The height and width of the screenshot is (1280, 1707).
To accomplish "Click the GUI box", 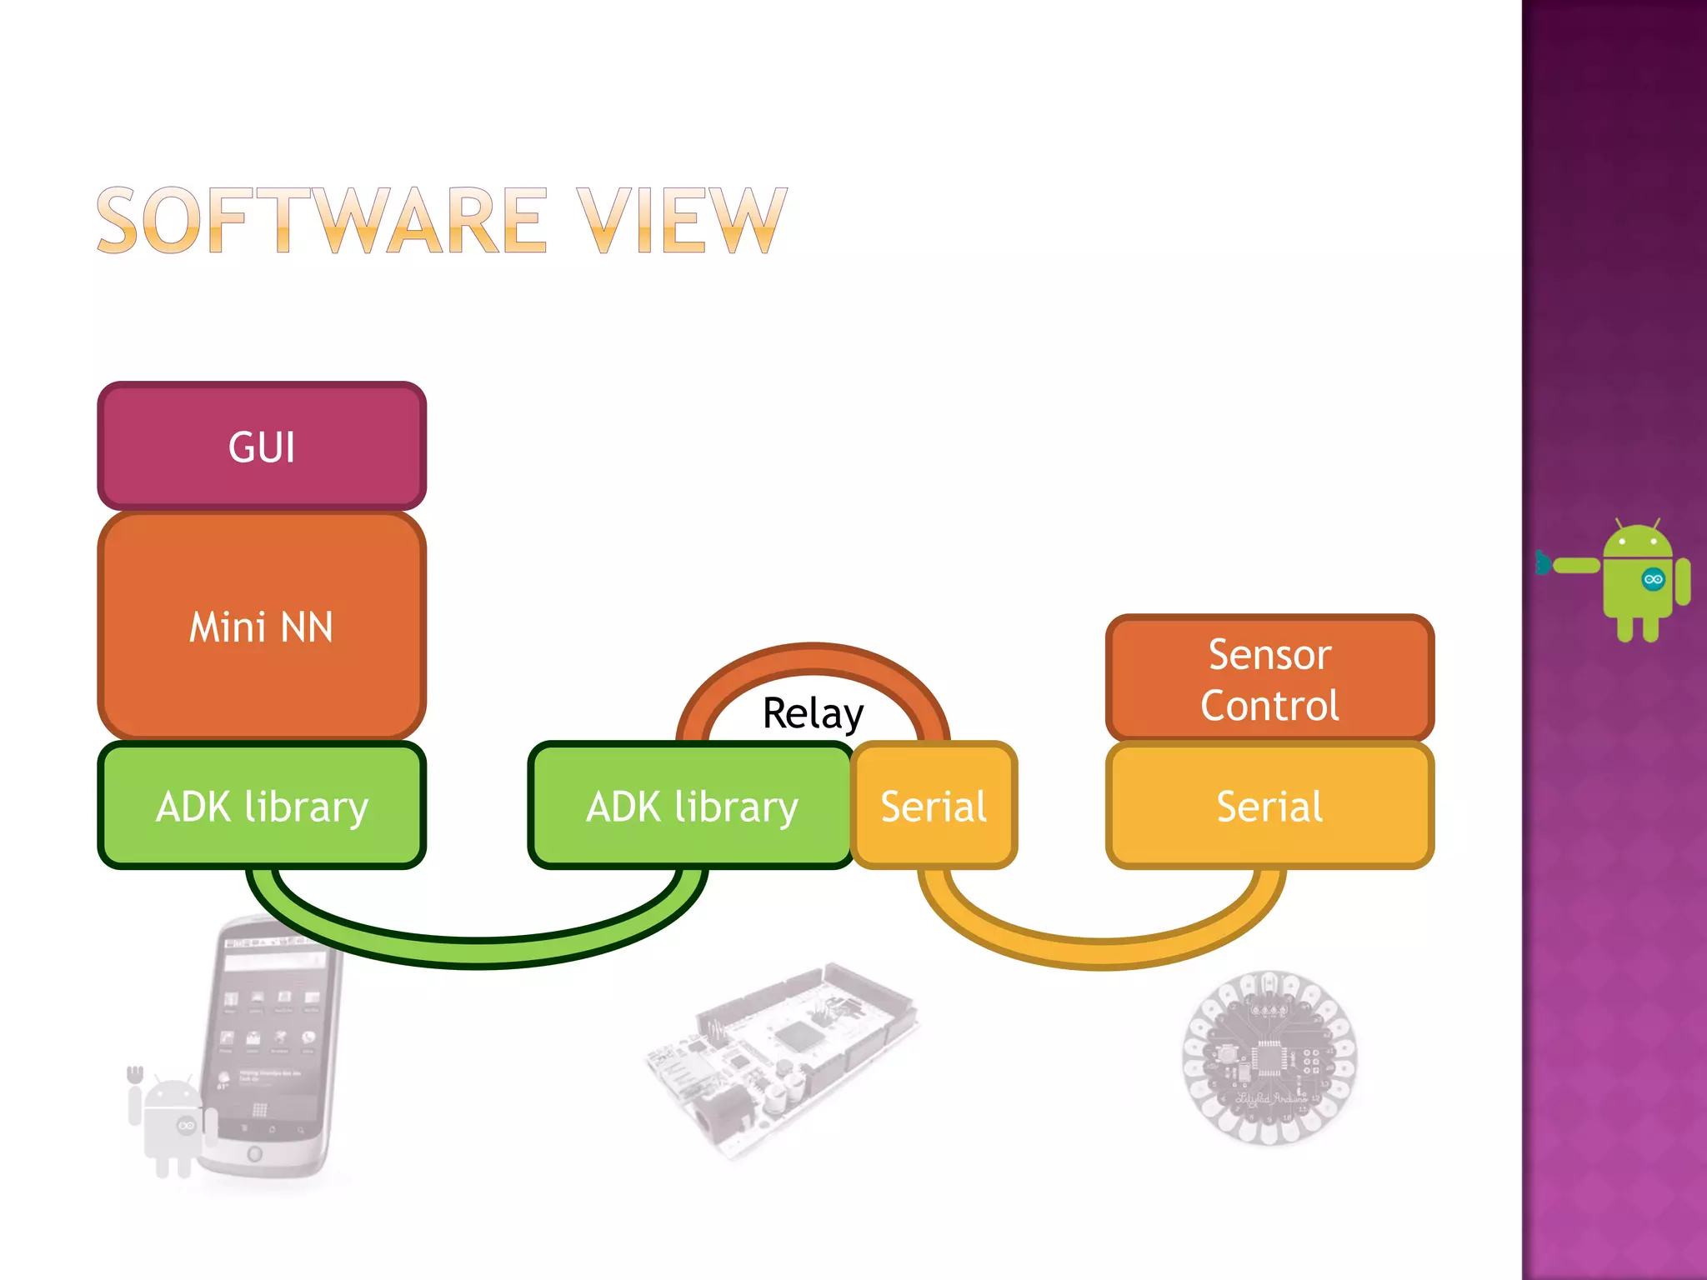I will (x=262, y=447).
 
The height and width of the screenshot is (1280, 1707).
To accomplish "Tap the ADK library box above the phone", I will (x=262, y=806).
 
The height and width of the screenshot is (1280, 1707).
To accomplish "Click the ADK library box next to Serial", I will (x=692, y=806).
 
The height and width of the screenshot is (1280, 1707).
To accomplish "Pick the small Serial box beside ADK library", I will (x=934, y=806).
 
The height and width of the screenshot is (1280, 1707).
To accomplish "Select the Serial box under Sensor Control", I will (x=1269, y=806).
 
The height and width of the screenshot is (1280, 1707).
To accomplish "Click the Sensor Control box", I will (x=1269, y=679).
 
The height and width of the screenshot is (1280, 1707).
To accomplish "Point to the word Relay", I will (x=813, y=714).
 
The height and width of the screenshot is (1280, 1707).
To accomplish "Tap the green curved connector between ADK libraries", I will (x=479, y=951).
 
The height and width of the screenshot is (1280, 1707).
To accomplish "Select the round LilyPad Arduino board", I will (x=1269, y=1058).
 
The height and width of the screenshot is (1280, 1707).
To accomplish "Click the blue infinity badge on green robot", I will (x=1653, y=579).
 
